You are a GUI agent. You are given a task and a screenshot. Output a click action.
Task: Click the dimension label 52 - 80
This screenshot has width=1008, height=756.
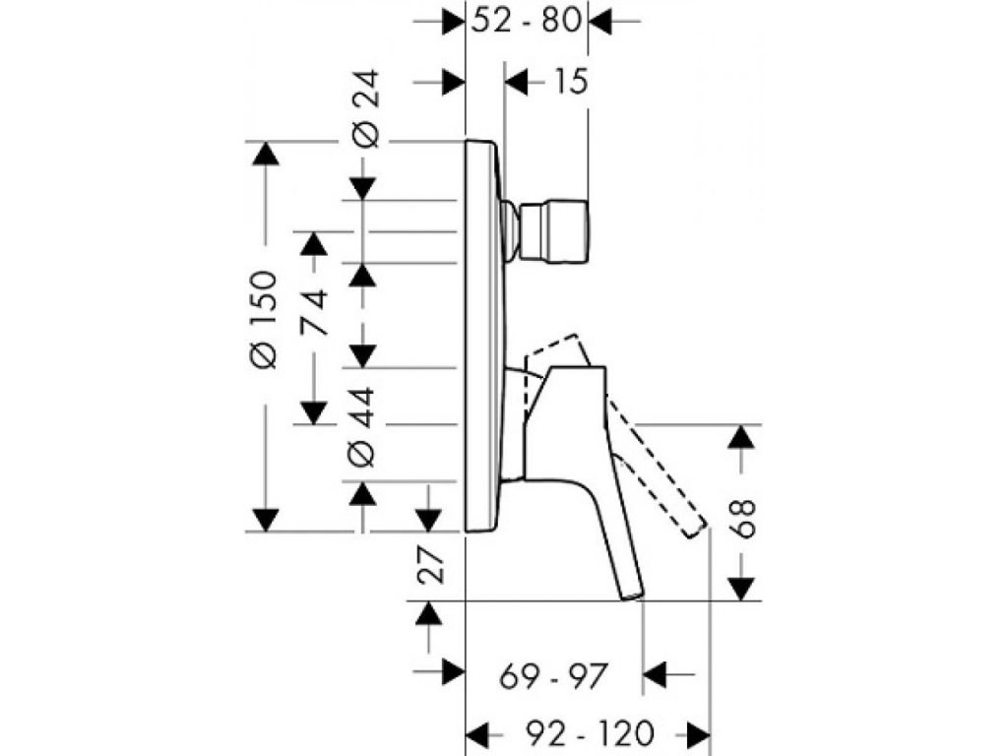[x=526, y=21]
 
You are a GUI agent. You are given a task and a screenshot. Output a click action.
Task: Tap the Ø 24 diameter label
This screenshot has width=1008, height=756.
[x=364, y=119]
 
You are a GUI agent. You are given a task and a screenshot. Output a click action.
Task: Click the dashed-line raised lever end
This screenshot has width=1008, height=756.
[x=697, y=527]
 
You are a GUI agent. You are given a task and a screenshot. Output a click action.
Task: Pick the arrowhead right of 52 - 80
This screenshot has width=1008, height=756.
[x=600, y=21]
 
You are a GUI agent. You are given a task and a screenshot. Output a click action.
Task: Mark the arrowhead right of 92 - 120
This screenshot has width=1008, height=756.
[x=699, y=733]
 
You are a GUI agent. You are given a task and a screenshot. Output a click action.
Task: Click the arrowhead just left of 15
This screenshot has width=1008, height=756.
[x=516, y=82]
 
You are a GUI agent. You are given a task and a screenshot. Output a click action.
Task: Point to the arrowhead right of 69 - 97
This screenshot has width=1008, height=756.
[x=656, y=676]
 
